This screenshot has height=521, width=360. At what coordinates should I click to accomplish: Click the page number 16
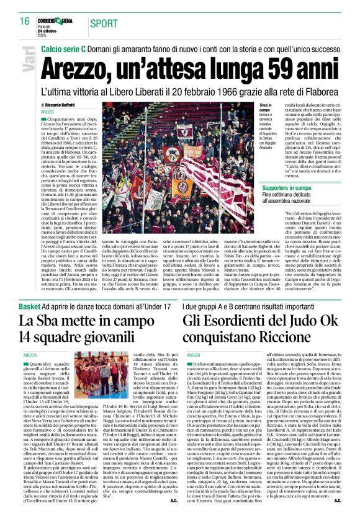[x=24, y=21]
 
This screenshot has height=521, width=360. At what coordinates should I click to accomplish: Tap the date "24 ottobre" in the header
[x=54, y=27]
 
